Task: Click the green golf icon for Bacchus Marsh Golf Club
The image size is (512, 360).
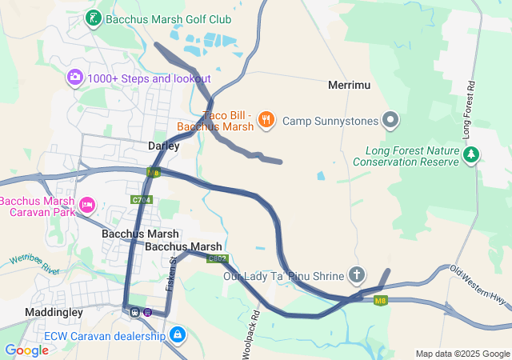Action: [94, 18]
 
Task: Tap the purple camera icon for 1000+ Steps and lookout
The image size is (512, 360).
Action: [75, 78]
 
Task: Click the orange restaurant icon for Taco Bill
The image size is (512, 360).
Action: [266, 120]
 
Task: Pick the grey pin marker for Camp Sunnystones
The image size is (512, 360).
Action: [390, 120]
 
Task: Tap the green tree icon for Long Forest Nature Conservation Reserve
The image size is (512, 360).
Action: [473, 154]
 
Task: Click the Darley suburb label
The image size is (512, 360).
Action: [163, 146]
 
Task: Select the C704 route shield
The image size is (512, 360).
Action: [141, 199]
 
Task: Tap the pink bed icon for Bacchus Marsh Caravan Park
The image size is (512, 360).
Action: [87, 206]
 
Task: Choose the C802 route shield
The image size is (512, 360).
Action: [217, 258]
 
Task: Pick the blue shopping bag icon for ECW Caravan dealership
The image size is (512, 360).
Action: [178, 334]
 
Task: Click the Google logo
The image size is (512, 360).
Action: [26, 350]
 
